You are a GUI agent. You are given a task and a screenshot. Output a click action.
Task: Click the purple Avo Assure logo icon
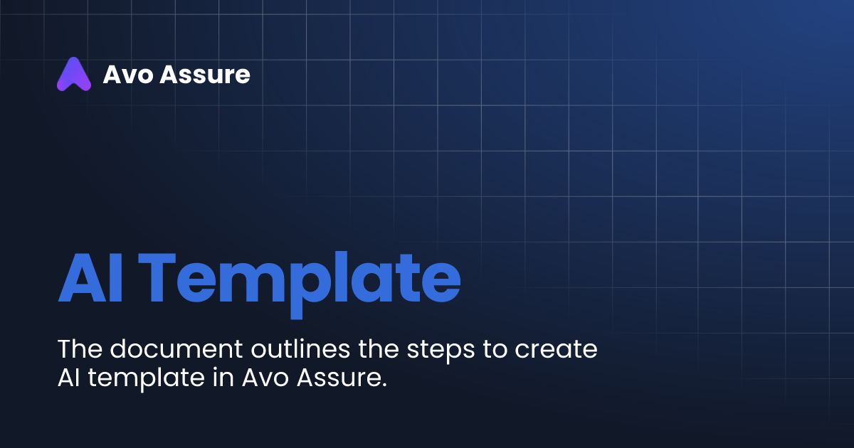74,74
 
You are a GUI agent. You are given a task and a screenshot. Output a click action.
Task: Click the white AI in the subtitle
68,378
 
